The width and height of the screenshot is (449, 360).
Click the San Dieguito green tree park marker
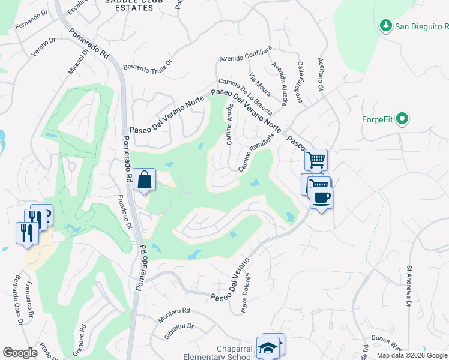click(x=386, y=26)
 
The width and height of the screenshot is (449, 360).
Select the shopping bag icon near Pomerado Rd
click(x=145, y=179)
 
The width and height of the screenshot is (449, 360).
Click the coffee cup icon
click(x=322, y=197)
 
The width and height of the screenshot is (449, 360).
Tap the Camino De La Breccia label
click(x=246, y=96)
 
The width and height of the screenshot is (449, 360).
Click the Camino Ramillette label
click(x=256, y=151)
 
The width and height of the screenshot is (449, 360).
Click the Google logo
click(x=20, y=353)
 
